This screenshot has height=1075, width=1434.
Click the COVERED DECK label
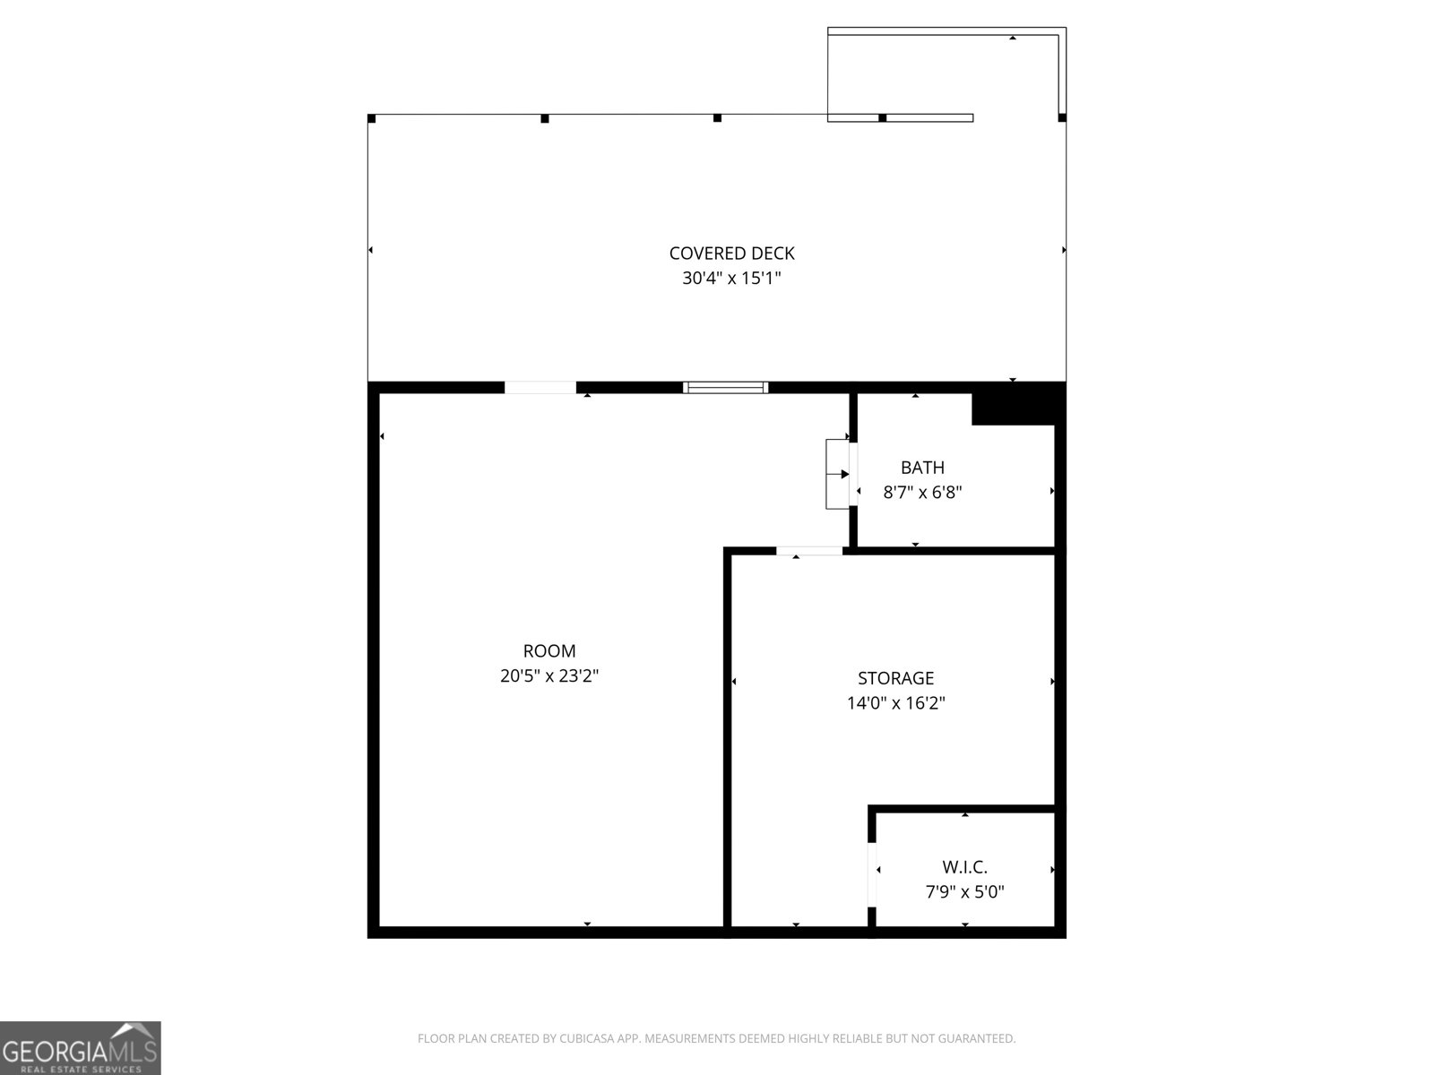pos(731,254)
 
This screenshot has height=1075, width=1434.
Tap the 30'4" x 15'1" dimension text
pos(731,278)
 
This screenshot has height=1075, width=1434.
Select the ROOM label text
pos(549,650)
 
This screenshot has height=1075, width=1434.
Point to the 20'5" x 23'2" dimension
pos(549,675)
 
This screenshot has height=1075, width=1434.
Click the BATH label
pos(922,468)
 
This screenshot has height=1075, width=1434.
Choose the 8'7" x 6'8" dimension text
pos(922,492)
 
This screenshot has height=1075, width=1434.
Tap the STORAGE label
pos(895,678)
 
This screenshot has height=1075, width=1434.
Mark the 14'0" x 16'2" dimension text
pos(895,703)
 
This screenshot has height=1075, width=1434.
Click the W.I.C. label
pos(965,867)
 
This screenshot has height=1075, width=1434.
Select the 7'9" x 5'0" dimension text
pos(965,891)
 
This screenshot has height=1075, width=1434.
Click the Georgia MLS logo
pos(81,1048)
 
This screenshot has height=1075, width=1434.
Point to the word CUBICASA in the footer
pos(586,1038)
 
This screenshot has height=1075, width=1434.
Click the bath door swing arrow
pos(837,474)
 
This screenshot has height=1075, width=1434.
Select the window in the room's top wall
pos(725,388)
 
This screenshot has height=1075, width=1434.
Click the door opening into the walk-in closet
pos(871,874)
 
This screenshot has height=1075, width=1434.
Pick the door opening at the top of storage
pos(808,551)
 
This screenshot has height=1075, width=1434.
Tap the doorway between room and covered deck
pos(540,388)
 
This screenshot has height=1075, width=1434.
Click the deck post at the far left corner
pos(372,118)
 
